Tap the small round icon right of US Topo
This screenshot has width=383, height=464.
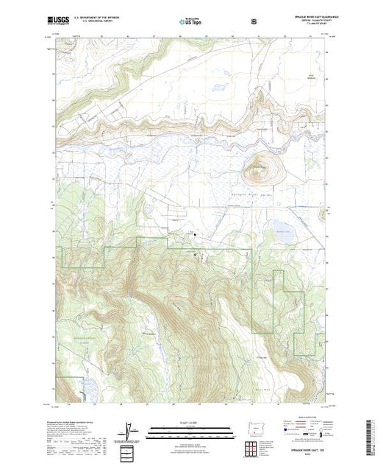(255, 21)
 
